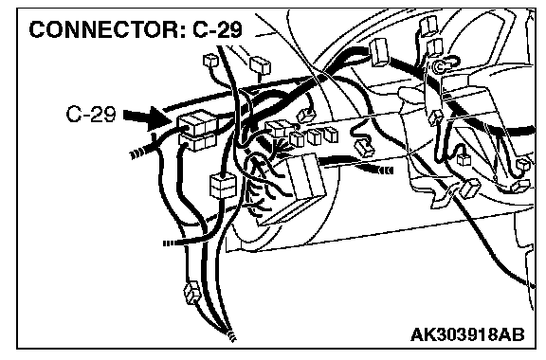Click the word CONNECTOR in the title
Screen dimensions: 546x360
point(103,29)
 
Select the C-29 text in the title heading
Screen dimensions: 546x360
point(217,29)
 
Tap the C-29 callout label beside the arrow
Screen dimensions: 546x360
point(91,114)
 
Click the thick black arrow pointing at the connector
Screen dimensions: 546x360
point(147,117)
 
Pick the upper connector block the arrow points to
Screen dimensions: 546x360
point(198,122)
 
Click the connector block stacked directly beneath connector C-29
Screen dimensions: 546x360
point(198,142)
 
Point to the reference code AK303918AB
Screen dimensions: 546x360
point(467,335)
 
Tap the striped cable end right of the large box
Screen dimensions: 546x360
point(385,171)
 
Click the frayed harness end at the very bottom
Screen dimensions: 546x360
point(231,335)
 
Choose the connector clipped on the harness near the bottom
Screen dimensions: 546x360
point(191,293)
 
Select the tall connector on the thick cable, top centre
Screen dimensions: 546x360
point(379,52)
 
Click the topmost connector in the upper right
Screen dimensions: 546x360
point(428,25)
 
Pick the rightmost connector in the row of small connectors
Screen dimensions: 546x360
point(331,135)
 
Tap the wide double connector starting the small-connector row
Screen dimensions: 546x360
point(278,129)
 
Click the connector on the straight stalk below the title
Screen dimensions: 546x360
point(261,65)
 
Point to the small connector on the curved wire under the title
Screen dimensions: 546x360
point(210,61)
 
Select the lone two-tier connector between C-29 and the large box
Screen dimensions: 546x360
point(223,187)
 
